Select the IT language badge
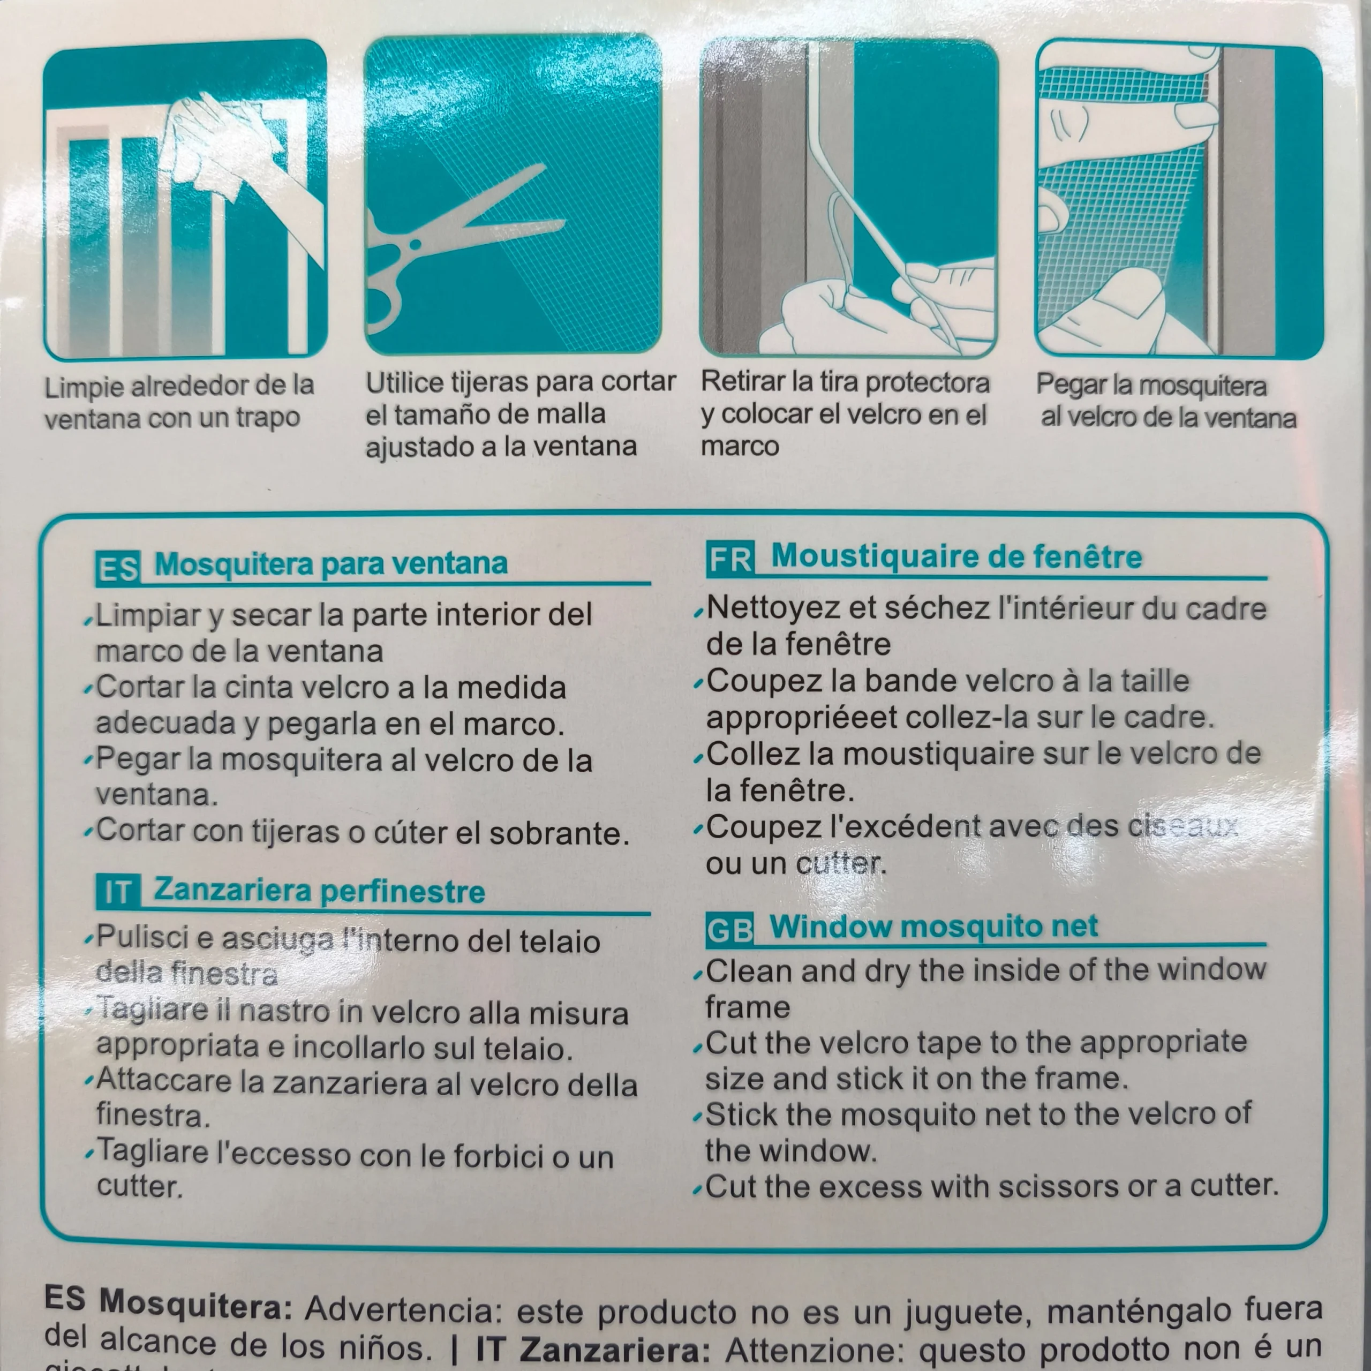pos(118,893)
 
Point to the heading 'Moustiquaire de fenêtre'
pos(956,556)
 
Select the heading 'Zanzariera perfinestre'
pos(319,891)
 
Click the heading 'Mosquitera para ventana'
pos(330,564)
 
